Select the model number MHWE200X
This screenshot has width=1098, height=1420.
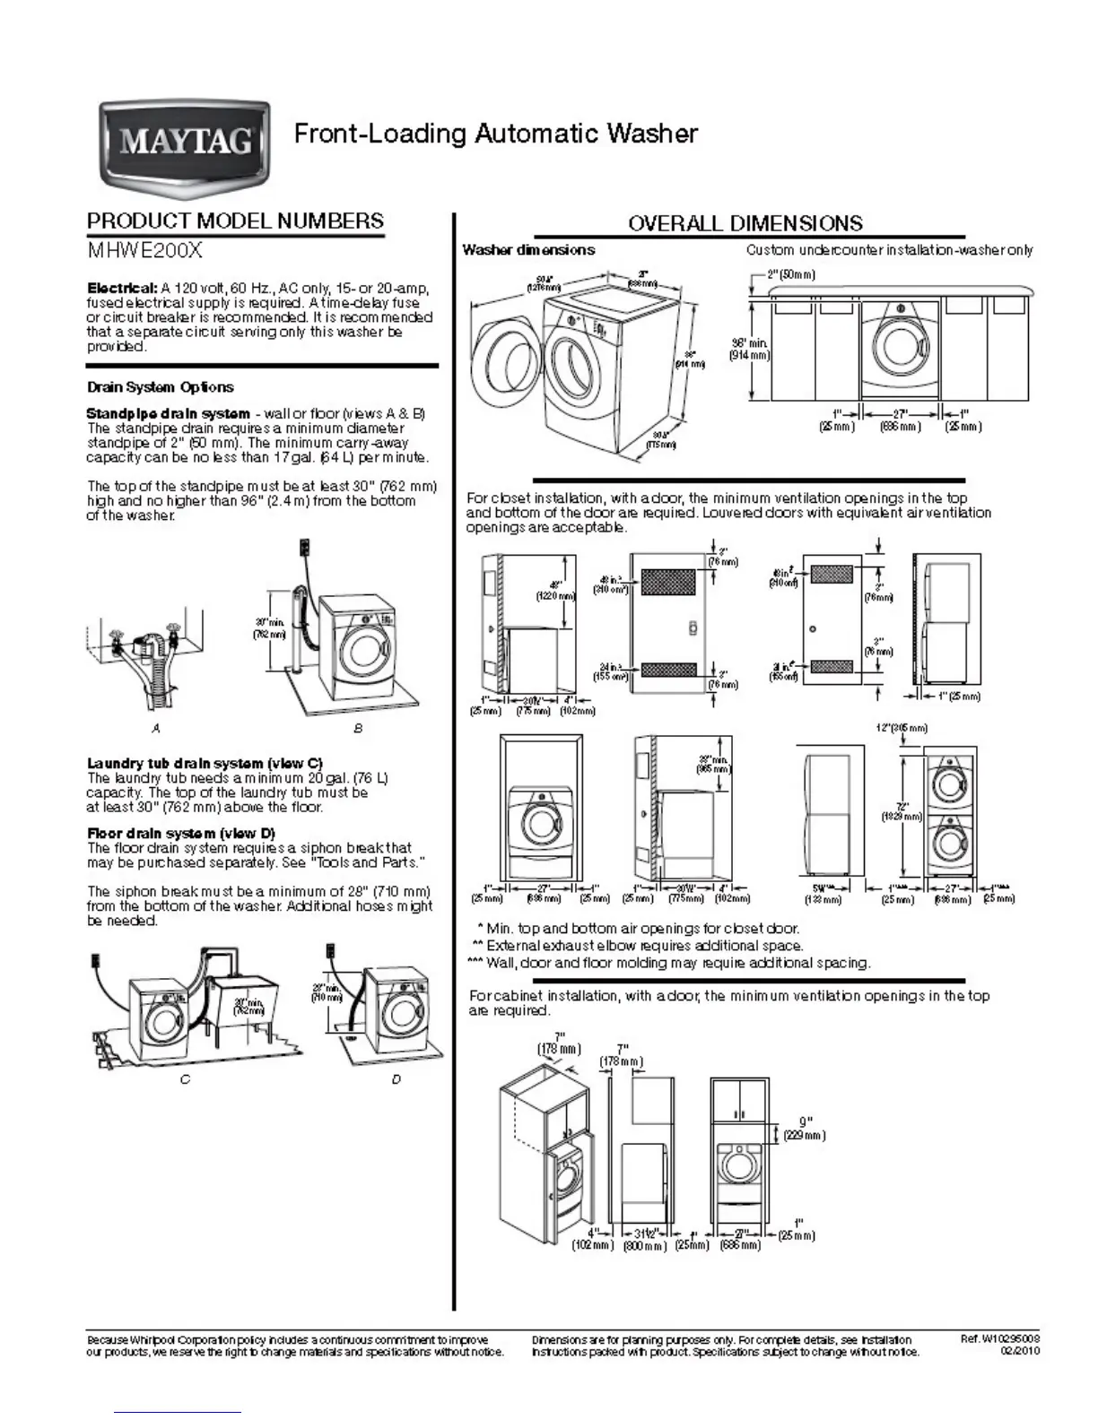[x=138, y=251]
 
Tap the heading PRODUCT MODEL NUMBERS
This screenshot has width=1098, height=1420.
[x=235, y=221]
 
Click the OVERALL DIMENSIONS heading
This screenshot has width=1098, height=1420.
[x=745, y=223]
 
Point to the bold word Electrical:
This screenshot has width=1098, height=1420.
[x=122, y=289]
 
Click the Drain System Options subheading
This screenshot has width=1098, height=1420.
[x=160, y=387]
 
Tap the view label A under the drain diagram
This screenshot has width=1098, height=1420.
[x=157, y=729]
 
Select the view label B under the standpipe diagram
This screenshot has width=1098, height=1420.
[x=358, y=729]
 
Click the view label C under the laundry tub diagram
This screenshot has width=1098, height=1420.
[x=185, y=1079]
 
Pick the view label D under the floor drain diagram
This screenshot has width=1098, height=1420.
[x=396, y=1079]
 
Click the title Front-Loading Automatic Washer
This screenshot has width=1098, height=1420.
[x=496, y=134]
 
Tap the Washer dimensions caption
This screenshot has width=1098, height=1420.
[x=528, y=250]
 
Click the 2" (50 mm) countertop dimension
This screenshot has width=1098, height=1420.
[x=790, y=274]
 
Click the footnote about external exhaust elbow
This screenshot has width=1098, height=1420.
[x=637, y=946]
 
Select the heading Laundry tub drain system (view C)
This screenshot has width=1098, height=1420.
[x=205, y=764]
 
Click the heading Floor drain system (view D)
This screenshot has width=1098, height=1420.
[x=181, y=834]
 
